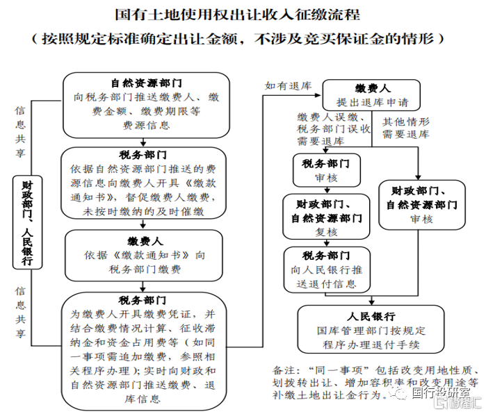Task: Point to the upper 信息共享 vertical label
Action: (20, 132)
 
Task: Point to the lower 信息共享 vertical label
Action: (20, 312)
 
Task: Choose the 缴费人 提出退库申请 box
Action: (373, 95)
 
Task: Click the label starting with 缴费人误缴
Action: (326, 128)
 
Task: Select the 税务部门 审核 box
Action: (326, 171)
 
